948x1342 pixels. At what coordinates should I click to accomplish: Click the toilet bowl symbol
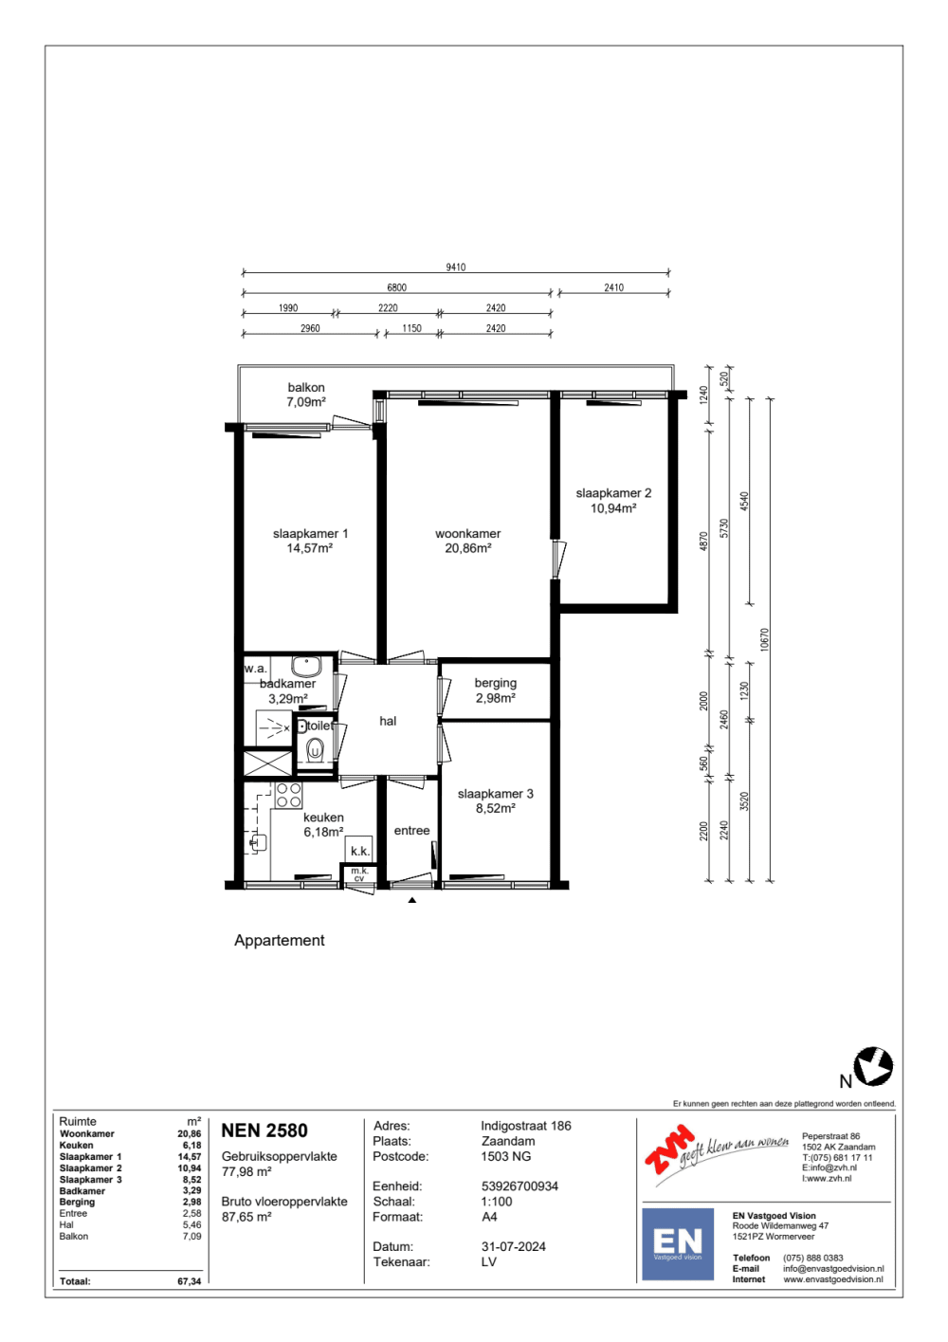(315, 749)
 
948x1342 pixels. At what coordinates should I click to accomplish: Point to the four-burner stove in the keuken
(288, 795)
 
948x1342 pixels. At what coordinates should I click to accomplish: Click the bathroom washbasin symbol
(306, 666)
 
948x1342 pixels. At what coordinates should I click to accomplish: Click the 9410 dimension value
(455, 267)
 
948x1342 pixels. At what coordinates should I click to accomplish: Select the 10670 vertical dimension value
(763, 639)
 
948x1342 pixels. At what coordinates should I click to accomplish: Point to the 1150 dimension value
(411, 328)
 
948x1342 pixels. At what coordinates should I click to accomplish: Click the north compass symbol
(873, 1066)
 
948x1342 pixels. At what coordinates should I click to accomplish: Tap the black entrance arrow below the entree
(412, 900)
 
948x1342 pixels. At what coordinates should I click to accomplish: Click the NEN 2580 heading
(264, 1131)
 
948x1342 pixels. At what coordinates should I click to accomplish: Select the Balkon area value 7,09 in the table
(191, 1236)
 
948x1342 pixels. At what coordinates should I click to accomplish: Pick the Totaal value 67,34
(190, 1281)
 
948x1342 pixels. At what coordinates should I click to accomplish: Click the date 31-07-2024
(513, 1246)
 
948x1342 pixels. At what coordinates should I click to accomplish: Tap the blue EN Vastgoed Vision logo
(677, 1243)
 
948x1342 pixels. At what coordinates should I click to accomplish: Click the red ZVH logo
(669, 1149)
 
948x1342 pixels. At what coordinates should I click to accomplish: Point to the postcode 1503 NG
(505, 1156)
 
